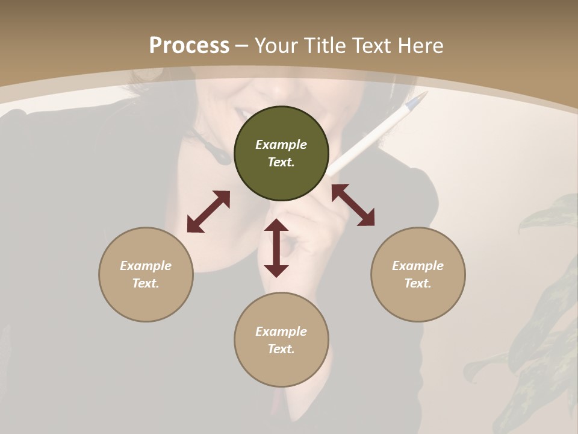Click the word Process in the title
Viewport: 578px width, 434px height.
tap(189, 46)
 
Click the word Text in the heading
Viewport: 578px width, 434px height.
tap(370, 46)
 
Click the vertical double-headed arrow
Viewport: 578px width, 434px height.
tap(276, 248)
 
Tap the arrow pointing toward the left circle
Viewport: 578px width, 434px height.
tap(208, 212)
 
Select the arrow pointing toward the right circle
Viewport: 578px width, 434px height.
tap(353, 205)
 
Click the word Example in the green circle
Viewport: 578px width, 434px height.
tap(281, 145)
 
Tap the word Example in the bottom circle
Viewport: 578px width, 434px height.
tap(281, 332)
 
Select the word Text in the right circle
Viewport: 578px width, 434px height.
tap(418, 283)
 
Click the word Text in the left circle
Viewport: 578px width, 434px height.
tap(146, 283)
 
